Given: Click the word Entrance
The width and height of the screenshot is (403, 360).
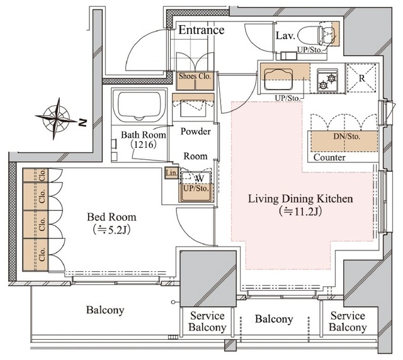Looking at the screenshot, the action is [x=201, y=30].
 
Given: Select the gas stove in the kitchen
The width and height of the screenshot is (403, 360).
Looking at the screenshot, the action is [x=327, y=79].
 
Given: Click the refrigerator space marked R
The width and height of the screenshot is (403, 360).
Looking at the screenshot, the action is [x=361, y=78].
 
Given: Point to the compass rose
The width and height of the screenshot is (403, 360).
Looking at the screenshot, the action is [x=56, y=118].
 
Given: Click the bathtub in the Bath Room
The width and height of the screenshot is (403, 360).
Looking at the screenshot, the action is [x=139, y=105].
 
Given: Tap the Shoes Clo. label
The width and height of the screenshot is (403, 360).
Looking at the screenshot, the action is [x=195, y=76].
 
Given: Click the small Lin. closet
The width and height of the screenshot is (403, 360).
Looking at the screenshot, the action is [x=171, y=173].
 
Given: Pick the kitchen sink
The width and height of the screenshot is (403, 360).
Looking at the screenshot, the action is [x=278, y=79].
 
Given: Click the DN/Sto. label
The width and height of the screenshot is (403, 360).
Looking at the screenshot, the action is [x=347, y=136].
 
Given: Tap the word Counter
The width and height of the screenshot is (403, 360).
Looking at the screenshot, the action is [x=329, y=157].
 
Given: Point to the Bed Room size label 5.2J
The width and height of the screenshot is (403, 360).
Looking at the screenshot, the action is [x=111, y=230].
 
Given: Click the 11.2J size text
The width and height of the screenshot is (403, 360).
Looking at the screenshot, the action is [x=300, y=211].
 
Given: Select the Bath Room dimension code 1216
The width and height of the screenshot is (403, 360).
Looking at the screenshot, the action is [x=144, y=145].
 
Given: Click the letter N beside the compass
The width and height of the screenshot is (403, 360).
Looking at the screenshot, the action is [x=82, y=123].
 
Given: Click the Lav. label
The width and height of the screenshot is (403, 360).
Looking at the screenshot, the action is [x=285, y=36].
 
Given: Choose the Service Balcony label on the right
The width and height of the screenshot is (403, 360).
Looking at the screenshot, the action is [x=348, y=322].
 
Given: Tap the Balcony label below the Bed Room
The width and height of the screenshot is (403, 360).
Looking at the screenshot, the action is [x=105, y=310].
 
